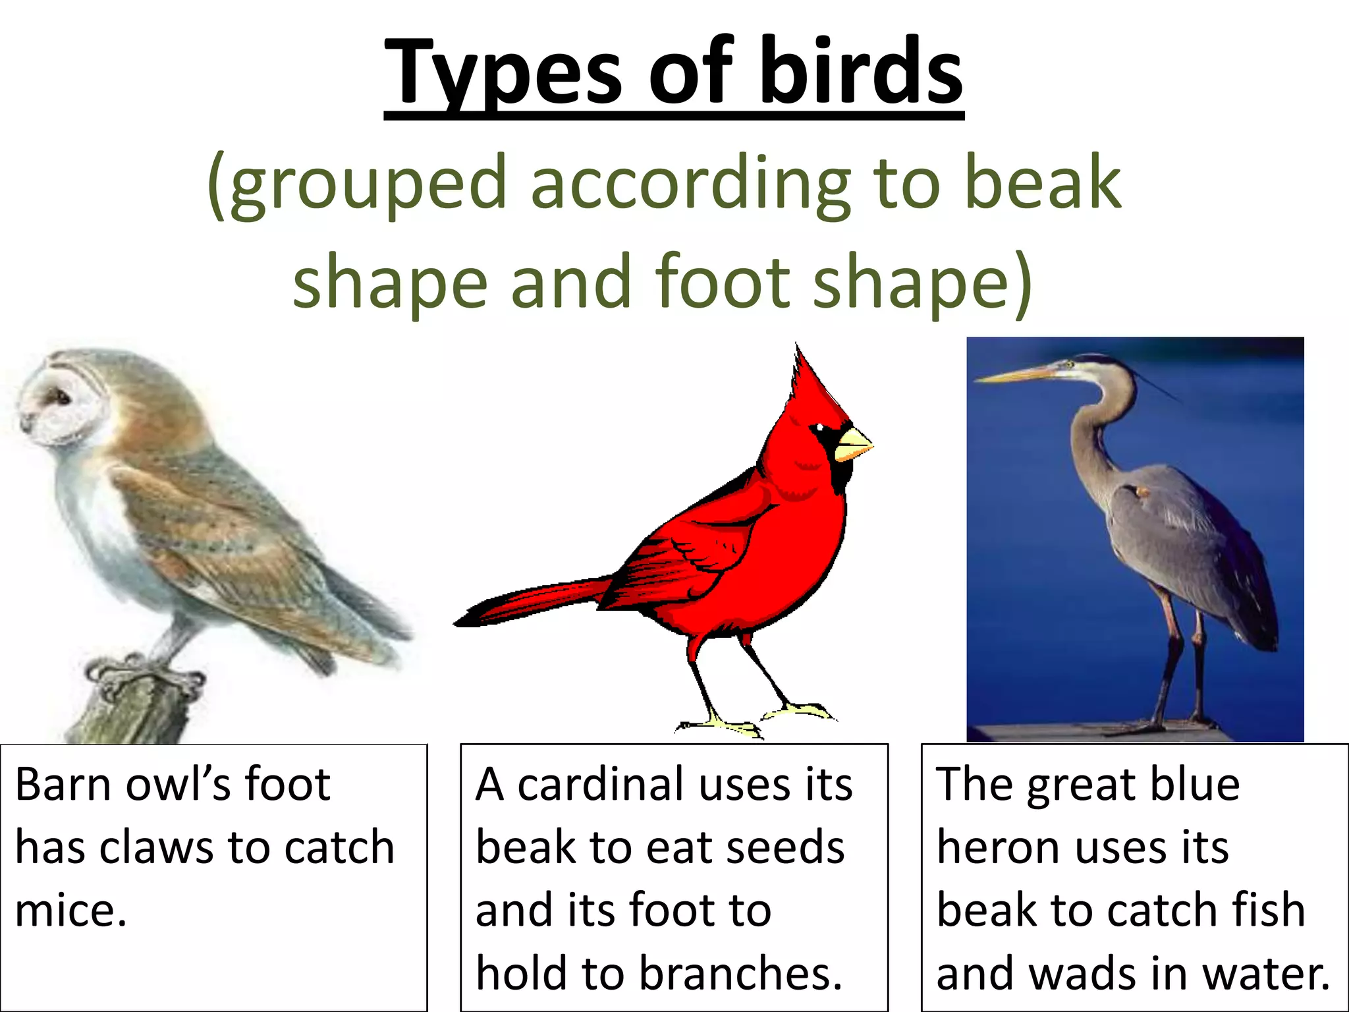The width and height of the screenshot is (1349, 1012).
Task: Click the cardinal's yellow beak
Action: [852, 444]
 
